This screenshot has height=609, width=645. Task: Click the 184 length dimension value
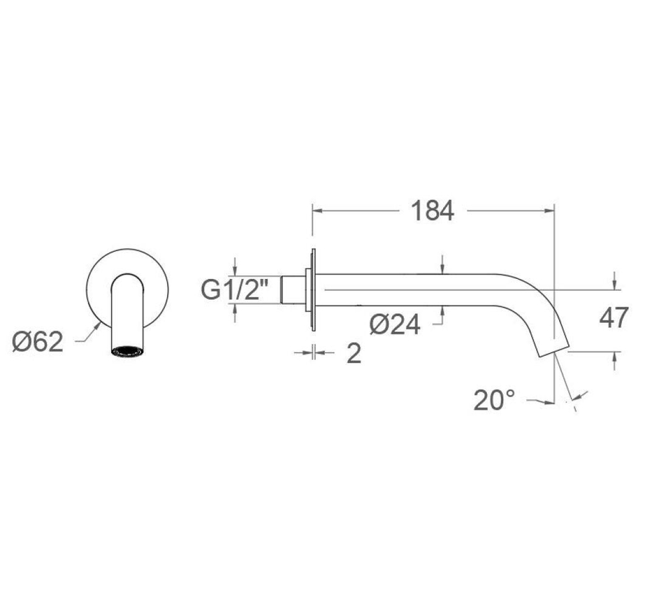click(432, 211)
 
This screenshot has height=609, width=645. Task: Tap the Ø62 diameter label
click(37, 342)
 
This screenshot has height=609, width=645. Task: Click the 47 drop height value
click(614, 318)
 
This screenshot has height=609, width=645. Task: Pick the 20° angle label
click(494, 400)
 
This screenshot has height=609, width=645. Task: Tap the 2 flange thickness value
click(353, 353)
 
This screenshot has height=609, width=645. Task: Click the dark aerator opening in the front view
click(128, 351)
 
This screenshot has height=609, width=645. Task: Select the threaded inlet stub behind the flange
click(293, 290)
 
